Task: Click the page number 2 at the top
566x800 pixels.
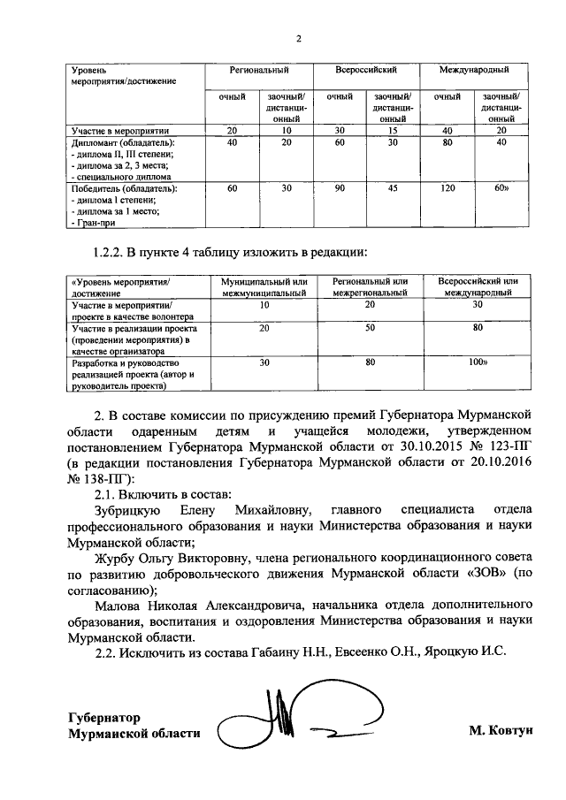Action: [298, 39]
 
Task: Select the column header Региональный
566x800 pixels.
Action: [260, 69]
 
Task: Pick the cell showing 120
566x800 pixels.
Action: [448, 189]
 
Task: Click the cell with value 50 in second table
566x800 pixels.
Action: [371, 327]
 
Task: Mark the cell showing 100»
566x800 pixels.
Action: [478, 362]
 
